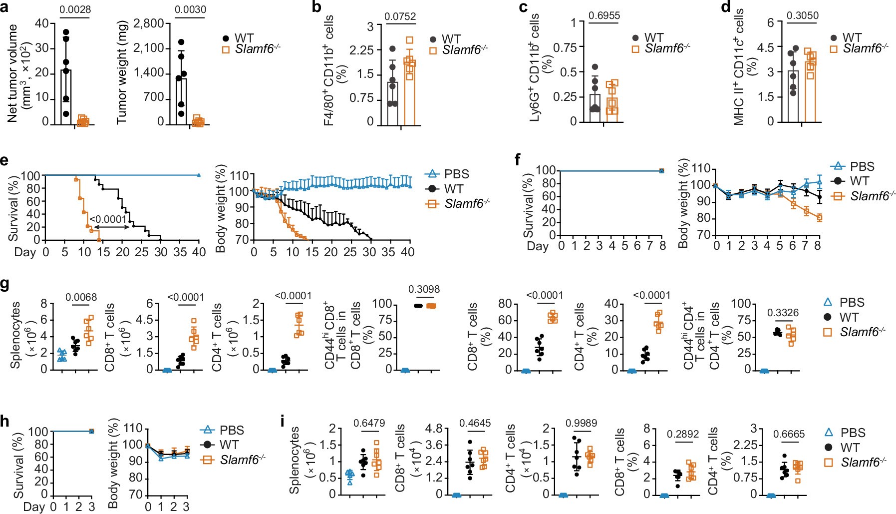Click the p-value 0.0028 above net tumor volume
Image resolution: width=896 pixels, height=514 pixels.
point(75,9)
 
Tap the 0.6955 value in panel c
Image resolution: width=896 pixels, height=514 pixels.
point(604,15)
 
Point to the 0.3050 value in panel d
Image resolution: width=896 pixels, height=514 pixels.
point(803,15)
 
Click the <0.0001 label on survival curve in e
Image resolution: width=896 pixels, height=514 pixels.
point(108,219)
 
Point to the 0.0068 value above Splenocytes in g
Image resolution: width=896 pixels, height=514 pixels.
point(81,298)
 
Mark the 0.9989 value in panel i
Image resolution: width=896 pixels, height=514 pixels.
point(581,423)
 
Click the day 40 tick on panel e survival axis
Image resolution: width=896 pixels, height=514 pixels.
point(199,252)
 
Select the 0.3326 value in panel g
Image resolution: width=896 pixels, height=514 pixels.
point(783,313)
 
